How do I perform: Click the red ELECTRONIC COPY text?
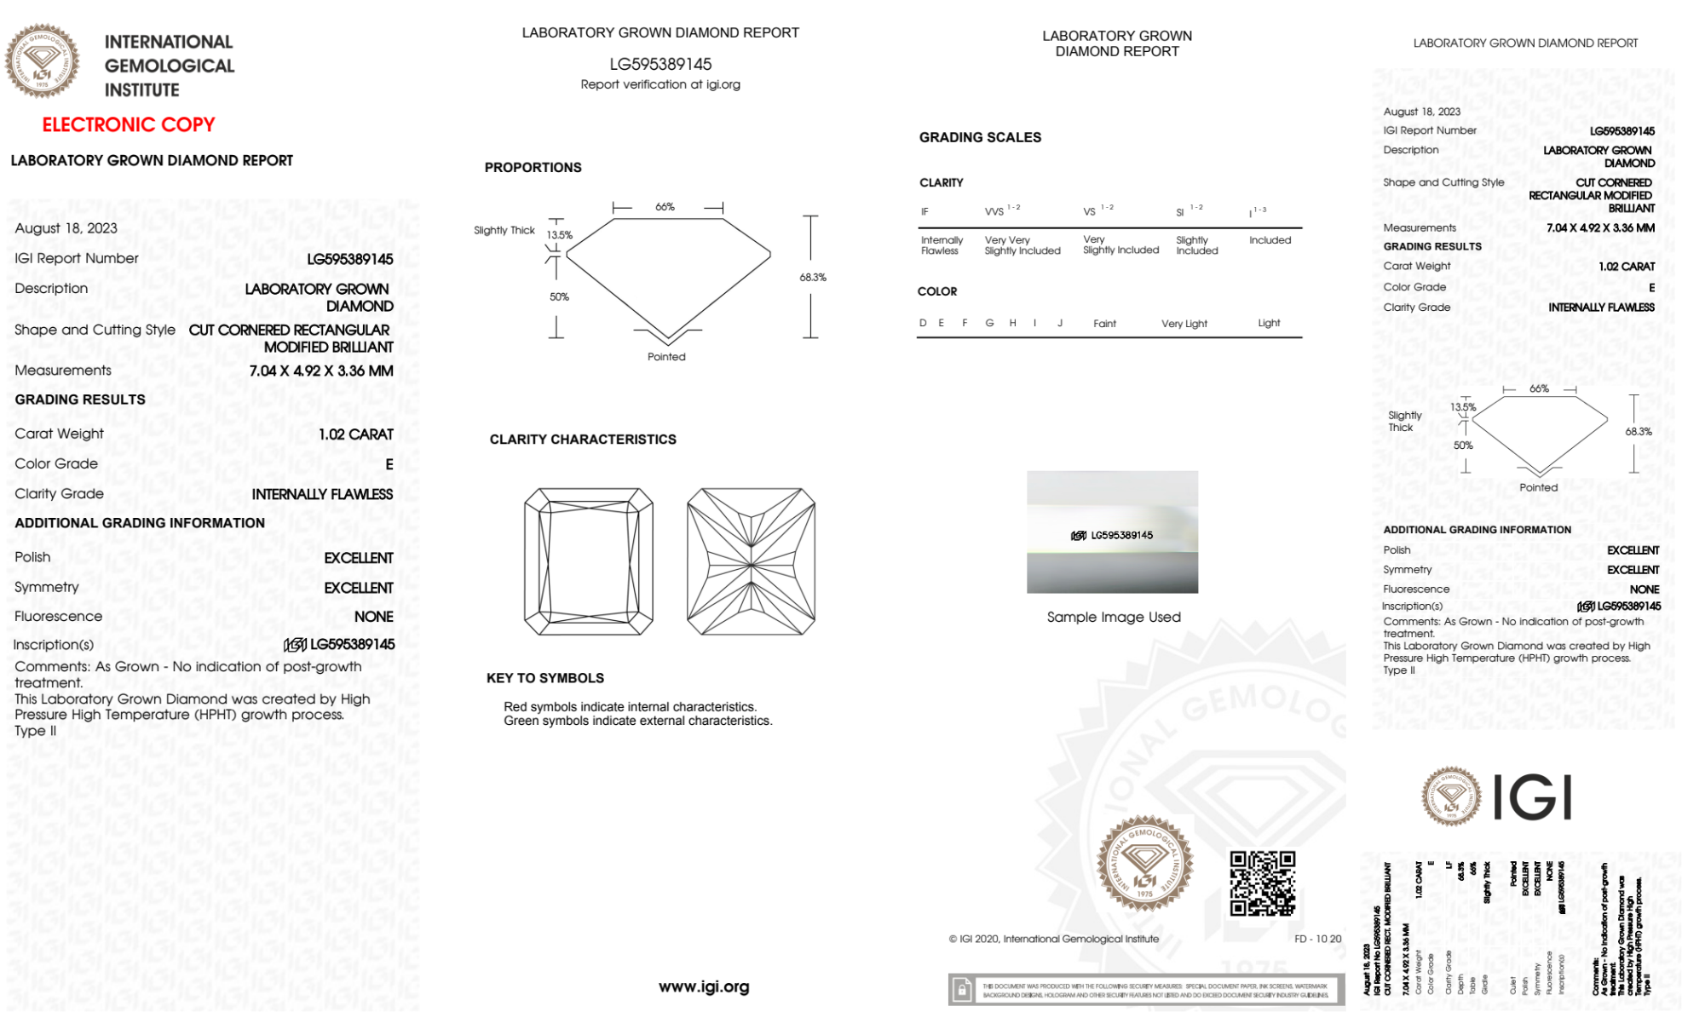[129, 125]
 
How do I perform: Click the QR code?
[1262, 883]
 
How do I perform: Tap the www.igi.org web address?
[704, 986]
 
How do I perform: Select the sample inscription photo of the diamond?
[1112, 532]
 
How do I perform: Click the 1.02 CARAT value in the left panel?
[356, 434]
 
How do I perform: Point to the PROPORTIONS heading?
[533, 168]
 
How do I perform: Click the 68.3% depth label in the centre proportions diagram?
[813, 278]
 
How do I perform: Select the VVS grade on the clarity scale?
[994, 212]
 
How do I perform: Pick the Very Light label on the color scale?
[1184, 324]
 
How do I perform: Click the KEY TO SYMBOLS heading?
[545, 678]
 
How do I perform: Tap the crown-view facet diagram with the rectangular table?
[589, 561]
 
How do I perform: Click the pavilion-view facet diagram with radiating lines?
[751, 561]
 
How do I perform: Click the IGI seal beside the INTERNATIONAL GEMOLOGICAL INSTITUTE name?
[43, 60]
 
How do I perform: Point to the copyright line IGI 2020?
[1054, 939]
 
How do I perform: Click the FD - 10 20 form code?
[1317, 939]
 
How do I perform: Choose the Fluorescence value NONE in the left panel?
[374, 617]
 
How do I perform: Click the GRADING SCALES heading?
[980, 137]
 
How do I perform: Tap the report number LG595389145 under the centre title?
[660, 64]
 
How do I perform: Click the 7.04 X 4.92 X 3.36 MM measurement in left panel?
[321, 371]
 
